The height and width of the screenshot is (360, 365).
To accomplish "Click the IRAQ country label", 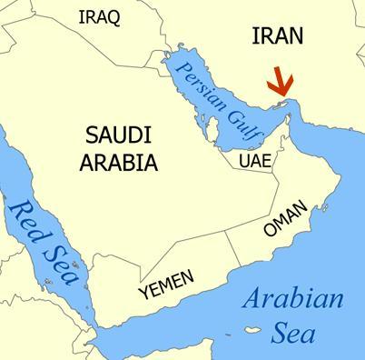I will pyautogui.click(x=99, y=17).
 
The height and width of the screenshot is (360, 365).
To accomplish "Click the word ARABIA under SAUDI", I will pyautogui.click(x=119, y=164).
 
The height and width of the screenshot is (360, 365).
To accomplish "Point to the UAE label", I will pyautogui.click(x=254, y=160).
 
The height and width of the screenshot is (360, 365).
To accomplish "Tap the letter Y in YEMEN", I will pyautogui.click(x=143, y=294).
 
